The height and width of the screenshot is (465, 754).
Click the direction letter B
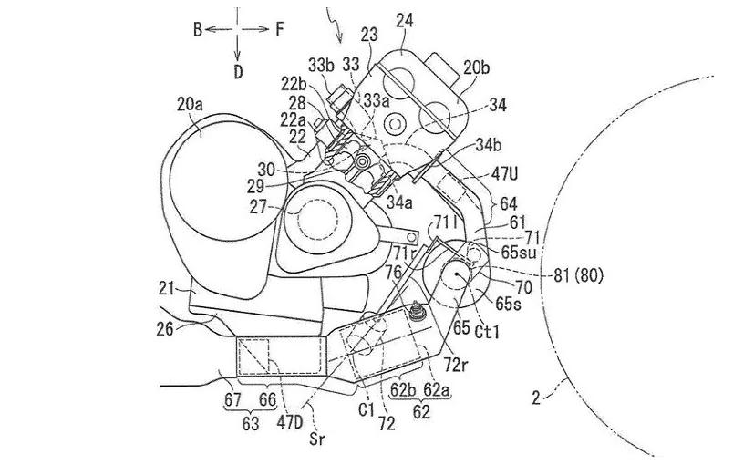tap(198, 30)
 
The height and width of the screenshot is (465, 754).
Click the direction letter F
tap(280, 30)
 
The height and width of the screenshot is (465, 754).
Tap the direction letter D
tap(238, 72)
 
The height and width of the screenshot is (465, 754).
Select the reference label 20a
tap(190, 104)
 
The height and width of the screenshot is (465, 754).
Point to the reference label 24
tap(405, 21)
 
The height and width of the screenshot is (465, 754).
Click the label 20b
tap(477, 67)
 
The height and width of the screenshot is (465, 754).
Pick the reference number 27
tap(258, 207)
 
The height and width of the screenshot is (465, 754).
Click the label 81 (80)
tap(578, 275)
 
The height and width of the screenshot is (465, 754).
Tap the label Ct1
tap(487, 332)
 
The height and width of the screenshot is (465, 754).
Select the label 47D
tap(290, 423)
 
